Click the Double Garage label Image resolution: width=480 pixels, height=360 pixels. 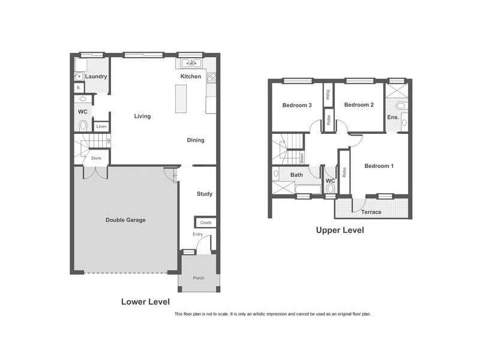pos(125,220)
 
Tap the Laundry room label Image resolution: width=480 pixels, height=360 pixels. pos(96,77)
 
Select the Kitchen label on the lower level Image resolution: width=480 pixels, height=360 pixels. pos(191,77)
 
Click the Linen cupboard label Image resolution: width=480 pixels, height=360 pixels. pos(101,127)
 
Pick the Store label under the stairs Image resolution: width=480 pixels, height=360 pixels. pos(96,158)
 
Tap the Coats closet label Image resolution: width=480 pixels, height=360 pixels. pos(206,223)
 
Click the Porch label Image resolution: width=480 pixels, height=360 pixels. pos(198,278)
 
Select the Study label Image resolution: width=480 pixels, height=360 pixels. pos(205,194)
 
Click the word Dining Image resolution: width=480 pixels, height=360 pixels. pos(196,140)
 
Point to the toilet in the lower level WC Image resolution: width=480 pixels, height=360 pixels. pos(83,125)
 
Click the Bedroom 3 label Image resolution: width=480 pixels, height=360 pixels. pos(297,105)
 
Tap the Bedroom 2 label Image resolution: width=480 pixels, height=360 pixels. pos(359,105)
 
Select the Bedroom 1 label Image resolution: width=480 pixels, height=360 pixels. pos(379,166)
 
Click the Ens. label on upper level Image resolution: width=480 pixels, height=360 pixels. pos(393,117)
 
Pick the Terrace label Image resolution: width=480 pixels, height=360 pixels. pos(371,212)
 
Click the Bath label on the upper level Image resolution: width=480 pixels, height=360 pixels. pos(297,175)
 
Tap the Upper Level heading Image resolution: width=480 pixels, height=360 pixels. pos(340,230)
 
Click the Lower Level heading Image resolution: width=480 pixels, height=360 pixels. pos(145,301)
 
